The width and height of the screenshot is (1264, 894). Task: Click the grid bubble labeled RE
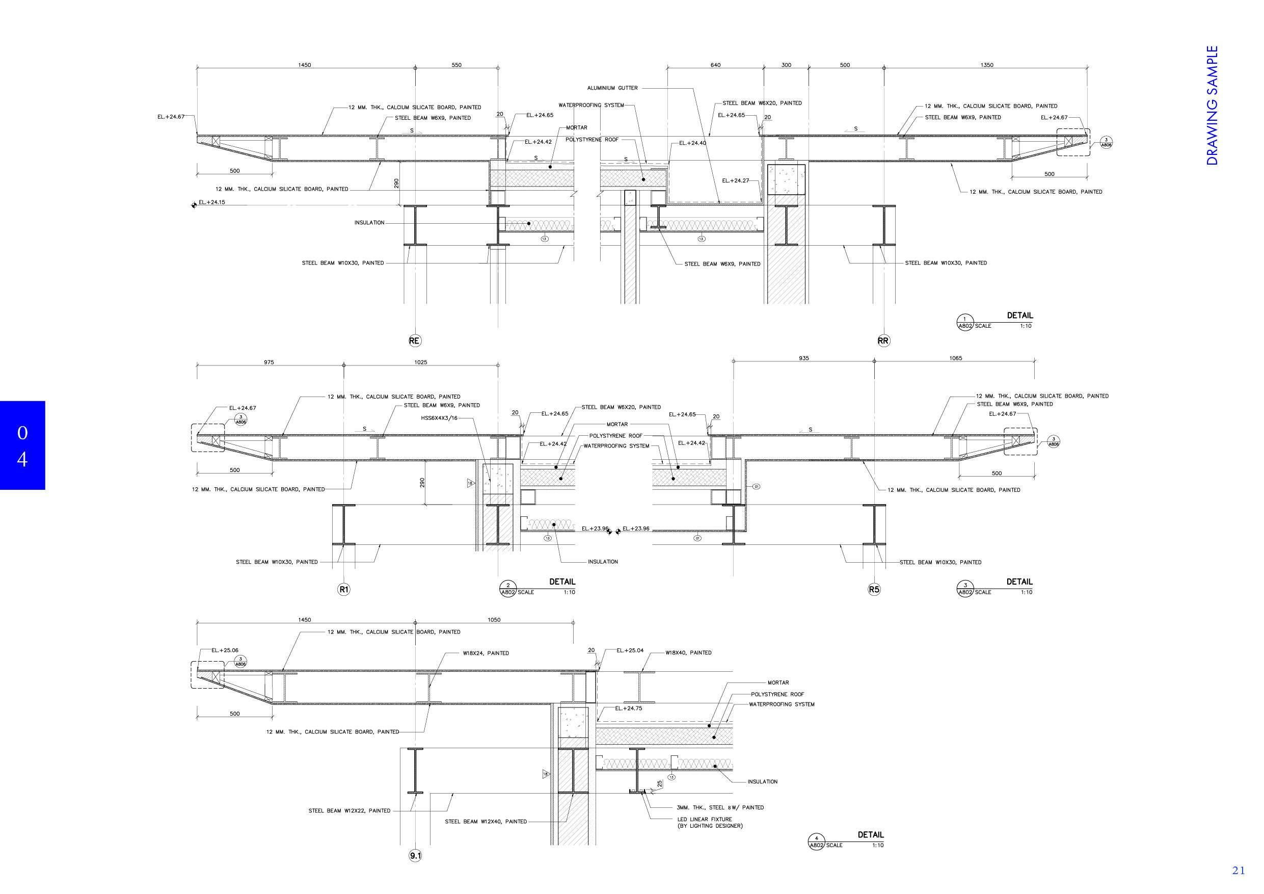coord(415,341)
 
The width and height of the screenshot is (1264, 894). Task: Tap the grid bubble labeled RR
coord(883,341)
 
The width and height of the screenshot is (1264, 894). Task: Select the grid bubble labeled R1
coord(343,590)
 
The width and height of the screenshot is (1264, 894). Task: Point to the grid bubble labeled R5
coord(874,590)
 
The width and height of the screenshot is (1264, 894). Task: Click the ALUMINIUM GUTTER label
coord(612,88)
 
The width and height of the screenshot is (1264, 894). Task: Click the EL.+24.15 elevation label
coord(212,203)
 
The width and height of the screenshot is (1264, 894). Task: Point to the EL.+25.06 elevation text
coord(225,650)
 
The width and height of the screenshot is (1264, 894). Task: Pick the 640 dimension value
coord(715,65)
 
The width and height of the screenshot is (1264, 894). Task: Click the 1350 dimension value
coord(987,65)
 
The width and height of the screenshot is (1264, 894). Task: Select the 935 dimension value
coord(804,358)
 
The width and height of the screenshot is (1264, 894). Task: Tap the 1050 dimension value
coord(494,620)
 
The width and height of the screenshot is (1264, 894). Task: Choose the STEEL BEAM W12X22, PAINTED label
coord(349,811)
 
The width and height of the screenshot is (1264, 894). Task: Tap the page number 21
coord(1238,871)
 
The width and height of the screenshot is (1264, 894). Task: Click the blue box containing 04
coord(22,445)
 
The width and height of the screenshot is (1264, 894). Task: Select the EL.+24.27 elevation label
coord(736,180)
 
